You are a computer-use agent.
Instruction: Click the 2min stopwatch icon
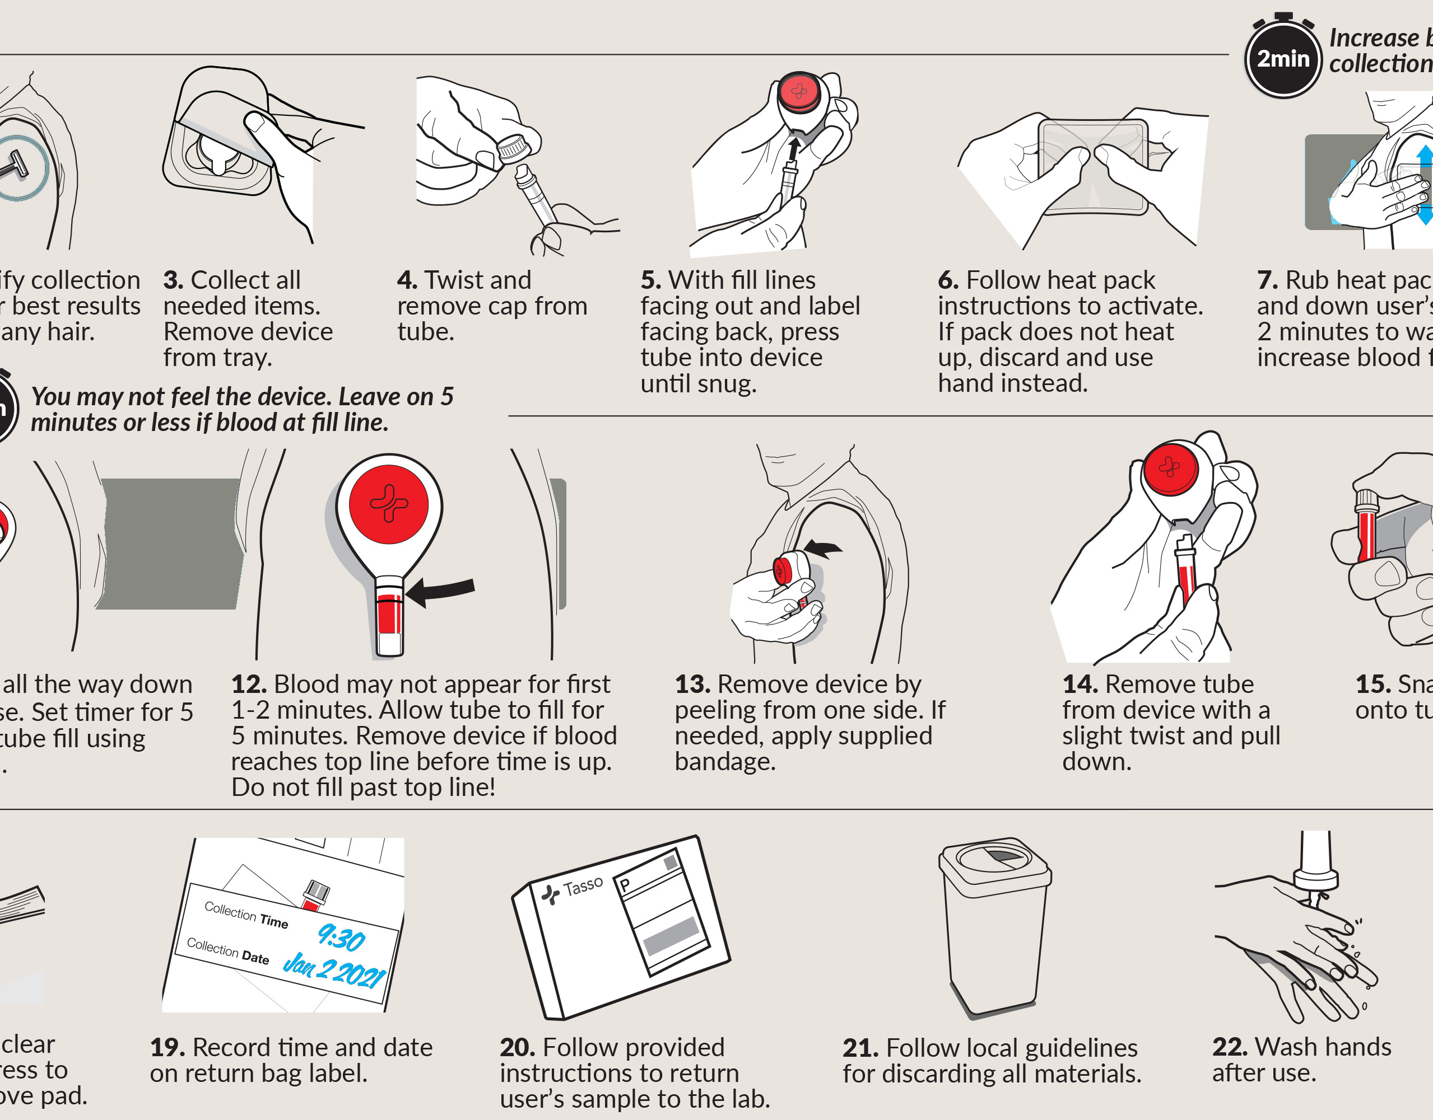1283,58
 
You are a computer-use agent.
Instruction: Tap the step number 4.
407,280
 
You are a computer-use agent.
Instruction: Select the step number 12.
249,685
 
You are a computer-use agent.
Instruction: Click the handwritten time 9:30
341,938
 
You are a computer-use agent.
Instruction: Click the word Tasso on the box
583,886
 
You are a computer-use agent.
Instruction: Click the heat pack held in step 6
1092,167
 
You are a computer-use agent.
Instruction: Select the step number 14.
1080,685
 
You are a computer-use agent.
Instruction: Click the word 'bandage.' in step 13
725,762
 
